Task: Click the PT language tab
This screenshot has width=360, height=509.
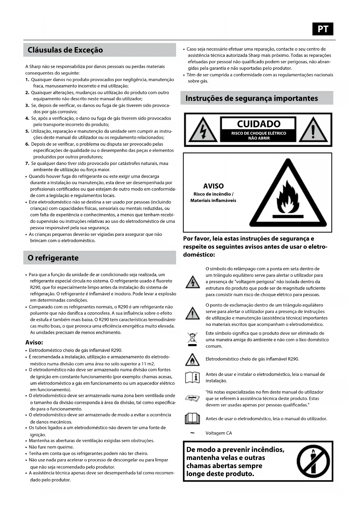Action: (x=323, y=29)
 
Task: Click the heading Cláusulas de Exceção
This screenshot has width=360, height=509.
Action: (x=65, y=50)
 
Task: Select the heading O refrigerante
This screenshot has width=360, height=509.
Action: (x=53, y=258)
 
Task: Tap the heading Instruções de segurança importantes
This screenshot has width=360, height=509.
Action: (x=252, y=98)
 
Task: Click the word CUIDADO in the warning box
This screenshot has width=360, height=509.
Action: (x=258, y=124)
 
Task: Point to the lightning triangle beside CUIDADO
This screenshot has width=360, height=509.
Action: (x=202, y=130)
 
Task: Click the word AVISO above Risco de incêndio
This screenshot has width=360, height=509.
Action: (x=213, y=186)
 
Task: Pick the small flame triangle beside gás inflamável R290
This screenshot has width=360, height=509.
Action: (x=192, y=360)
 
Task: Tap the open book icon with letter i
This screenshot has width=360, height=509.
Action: (x=192, y=378)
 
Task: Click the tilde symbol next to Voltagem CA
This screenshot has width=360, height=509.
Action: (x=192, y=433)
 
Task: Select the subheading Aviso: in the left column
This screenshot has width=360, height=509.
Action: (x=34, y=342)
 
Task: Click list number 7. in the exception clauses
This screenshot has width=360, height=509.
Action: (x=27, y=163)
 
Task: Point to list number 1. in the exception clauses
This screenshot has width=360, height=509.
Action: (x=27, y=80)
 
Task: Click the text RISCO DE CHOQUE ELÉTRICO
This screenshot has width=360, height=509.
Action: (x=258, y=133)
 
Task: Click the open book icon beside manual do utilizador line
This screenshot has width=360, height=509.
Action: (x=192, y=419)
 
